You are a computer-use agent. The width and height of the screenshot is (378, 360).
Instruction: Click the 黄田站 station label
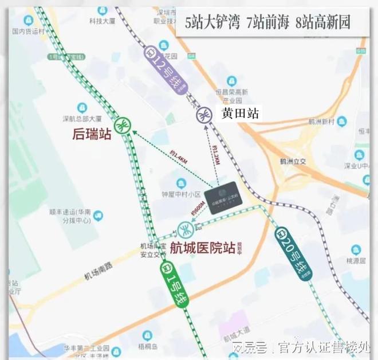(240, 114)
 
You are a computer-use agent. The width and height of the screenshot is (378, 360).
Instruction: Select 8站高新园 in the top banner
(321, 24)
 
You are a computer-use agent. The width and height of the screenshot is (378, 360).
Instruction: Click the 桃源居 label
(356, 259)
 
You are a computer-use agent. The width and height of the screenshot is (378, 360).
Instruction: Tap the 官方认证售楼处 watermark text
(324, 347)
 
